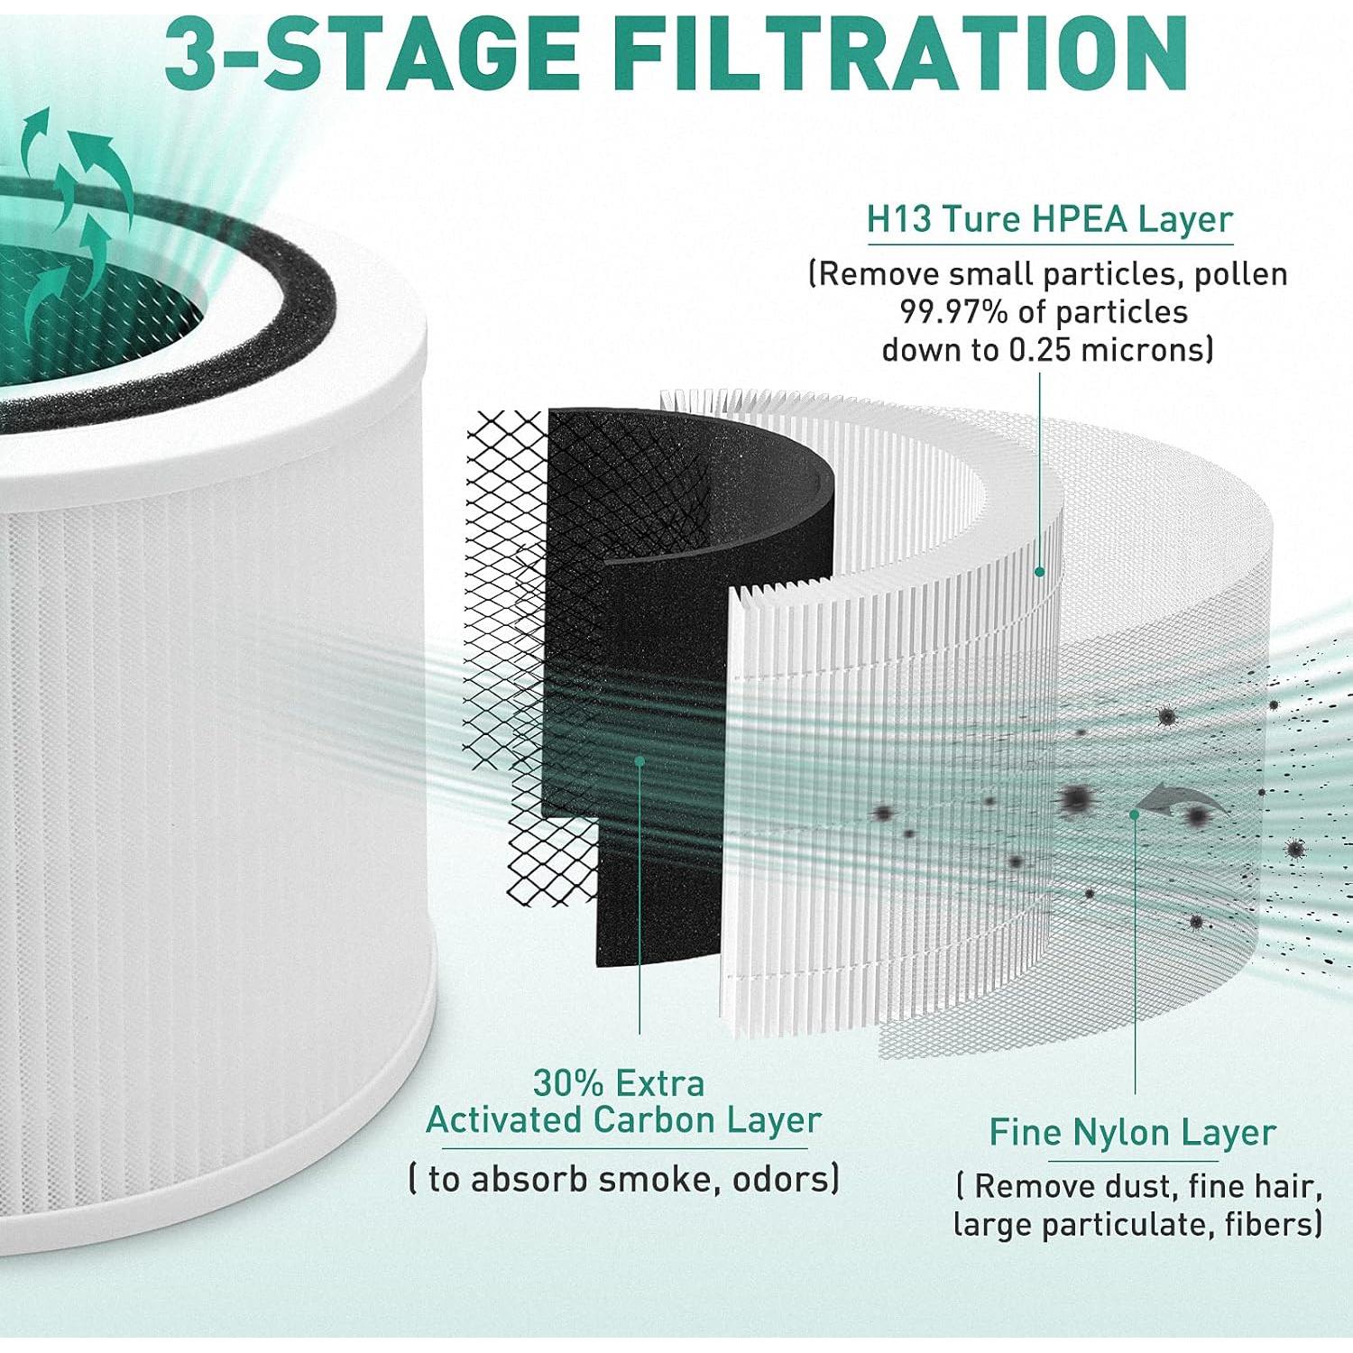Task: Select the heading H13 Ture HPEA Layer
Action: click(1049, 219)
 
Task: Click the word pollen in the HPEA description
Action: click(1240, 274)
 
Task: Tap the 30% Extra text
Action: click(619, 1082)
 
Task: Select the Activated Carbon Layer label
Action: click(623, 1120)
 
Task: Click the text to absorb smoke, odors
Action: click(624, 1179)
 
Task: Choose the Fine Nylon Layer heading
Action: click(1132, 1133)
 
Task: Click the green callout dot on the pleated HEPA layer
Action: click(1039, 571)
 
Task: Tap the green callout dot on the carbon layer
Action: click(640, 760)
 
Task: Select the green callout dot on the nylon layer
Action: click(1135, 814)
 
